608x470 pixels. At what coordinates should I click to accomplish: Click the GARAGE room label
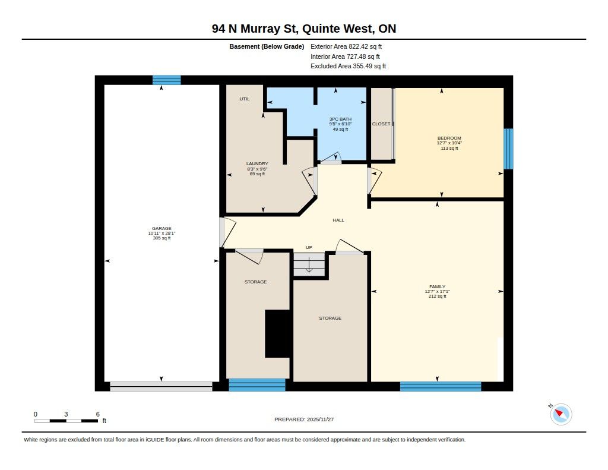(x=161, y=229)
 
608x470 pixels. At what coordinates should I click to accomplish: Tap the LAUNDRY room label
(x=257, y=164)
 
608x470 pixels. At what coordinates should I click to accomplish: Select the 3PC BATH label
(x=340, y=119)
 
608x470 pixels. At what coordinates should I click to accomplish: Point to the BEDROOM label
(x=449, y=138)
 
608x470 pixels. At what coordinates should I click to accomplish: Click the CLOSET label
(x=381, y=124)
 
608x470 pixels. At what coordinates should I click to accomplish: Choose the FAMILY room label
(x=438, y=287)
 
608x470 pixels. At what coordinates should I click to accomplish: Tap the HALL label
(x=338, y=220)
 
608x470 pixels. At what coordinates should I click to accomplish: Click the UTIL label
(x=245, y=99)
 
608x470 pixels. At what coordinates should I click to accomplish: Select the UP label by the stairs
(x=309, y=247)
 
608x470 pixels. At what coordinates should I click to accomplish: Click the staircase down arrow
(x=309, y=266)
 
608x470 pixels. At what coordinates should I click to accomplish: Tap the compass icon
(x=560, y=414)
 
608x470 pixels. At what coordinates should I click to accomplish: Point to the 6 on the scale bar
(x=98, y=414)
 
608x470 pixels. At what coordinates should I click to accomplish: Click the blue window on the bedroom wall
(x=508, y=149)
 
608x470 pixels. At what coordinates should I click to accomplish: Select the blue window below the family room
(x=441, y=387)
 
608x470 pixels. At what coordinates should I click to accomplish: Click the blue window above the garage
(x=167, y=80)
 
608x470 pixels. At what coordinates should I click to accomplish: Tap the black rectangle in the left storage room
(x=278, y=334)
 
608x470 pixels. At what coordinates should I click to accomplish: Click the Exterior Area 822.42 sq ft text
(x=346, y=46)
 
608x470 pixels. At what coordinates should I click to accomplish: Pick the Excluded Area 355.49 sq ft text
(x=348, y=66)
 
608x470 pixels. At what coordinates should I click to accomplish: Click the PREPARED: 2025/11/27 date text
(x=304, y=419)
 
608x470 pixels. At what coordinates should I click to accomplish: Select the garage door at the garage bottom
(x=161, y=387)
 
